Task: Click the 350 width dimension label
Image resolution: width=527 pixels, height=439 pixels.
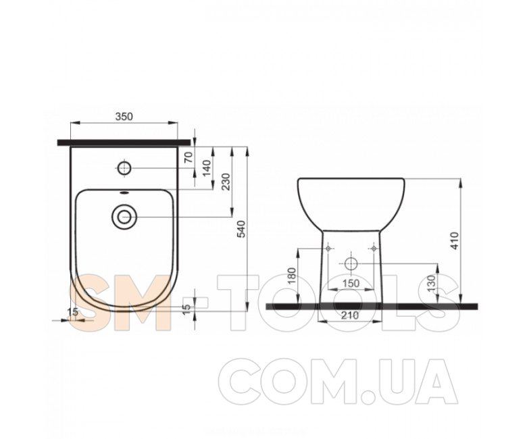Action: coord(124,116)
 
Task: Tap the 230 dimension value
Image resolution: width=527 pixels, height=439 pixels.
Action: coord(226,182)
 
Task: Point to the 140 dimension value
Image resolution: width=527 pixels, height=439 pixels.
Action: coord(207,167)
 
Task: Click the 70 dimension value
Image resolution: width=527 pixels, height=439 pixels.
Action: coord(189,157)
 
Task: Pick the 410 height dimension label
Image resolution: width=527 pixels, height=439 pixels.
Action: coord(455,241)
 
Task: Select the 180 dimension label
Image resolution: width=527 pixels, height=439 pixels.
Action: coord(292,276)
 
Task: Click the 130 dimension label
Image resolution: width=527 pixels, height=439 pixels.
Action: coord(432,283)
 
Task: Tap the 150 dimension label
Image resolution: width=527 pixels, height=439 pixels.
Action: coord(351,284)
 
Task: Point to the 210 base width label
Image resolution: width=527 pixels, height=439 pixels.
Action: coord(350,315)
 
